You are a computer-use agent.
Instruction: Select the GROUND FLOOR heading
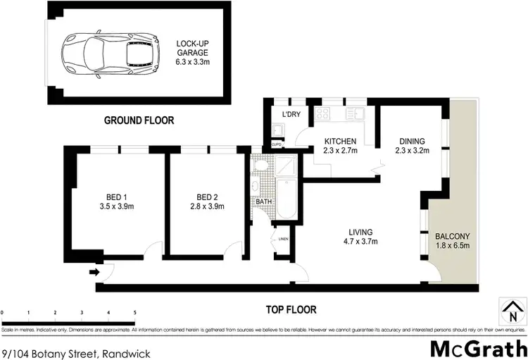pos(139,120)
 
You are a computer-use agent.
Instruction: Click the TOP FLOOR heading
pos(291,309)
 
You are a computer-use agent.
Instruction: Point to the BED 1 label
pos(113,197)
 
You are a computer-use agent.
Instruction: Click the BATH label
pos(263,201)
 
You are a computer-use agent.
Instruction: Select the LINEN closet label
pos(283,240)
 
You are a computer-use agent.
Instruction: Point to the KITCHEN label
pos(340,141)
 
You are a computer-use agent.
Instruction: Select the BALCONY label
pos(452,236)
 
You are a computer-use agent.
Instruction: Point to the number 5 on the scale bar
pos(134,312)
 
